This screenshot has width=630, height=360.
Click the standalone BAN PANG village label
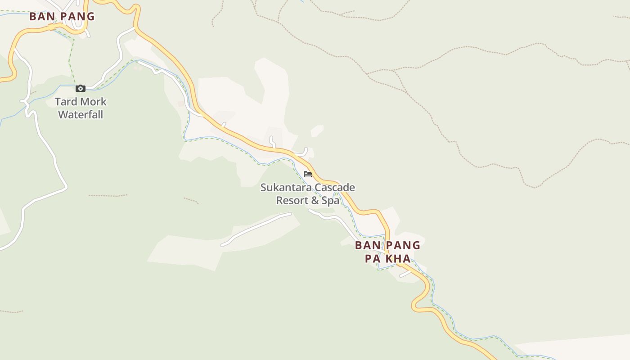point(62,17)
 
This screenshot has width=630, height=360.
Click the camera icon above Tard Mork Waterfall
point(81,88)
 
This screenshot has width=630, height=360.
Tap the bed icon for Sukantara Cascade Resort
point(308,174)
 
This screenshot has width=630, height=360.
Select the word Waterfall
point(81,115)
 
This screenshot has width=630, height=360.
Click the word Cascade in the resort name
point(334,187)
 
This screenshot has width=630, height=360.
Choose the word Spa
point(330,200)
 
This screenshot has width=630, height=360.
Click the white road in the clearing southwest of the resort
point(256,229)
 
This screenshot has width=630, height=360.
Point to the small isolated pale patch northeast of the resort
point(317,131)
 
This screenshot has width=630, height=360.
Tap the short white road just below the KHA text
point(405,274)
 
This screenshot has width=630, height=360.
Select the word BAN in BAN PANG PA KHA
point(366,246)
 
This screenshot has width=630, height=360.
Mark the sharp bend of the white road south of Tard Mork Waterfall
point(66,187)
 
